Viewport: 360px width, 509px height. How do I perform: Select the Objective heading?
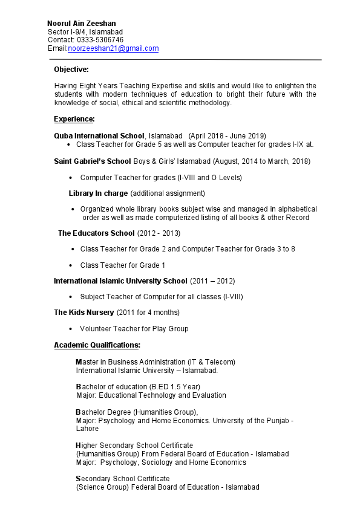pyautogui.click(x=71, y=70)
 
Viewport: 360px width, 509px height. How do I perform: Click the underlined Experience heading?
pyautogui.click(x=74, y=118)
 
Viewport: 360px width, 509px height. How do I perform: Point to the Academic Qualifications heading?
pyautogui.click(x=97, y=345)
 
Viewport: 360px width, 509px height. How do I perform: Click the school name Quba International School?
pyautogui.click(x=99, y=135)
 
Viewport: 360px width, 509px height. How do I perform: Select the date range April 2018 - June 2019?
pyautogui.click(x=227, y=135)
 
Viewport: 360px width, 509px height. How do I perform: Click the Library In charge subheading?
pyautogui.click(x=98, y=193)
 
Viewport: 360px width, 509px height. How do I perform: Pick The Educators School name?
pyautogui.click(x=96, y=233)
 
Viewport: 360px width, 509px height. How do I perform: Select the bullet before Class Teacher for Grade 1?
pyautogui.click(x=73, y=265)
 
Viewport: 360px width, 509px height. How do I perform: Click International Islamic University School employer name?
pyautogui.click(x=120, y=281)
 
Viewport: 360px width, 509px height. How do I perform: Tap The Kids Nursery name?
pyautogui.click(x=83, y=313)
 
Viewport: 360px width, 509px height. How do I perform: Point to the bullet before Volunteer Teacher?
pyautogui.click(x=72, y=329)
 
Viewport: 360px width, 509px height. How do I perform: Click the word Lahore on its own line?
pyautogui.click(x=87, y=429)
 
